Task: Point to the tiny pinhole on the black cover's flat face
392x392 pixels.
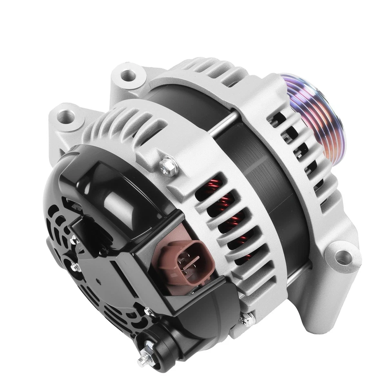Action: coord(99,282)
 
